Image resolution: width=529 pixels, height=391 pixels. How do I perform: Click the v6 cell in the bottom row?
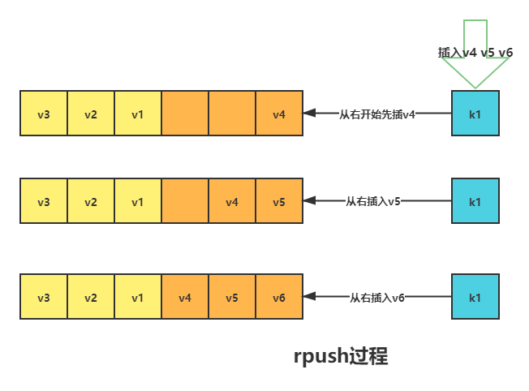point(279,298)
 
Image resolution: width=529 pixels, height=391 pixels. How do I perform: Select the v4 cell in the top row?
point(279,114)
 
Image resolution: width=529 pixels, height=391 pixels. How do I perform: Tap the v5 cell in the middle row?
point(279,200)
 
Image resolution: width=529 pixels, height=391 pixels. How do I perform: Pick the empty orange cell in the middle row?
point(185,200)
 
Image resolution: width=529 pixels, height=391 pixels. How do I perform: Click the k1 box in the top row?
point(475,114)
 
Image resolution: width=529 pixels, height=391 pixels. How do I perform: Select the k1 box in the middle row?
point(475,200)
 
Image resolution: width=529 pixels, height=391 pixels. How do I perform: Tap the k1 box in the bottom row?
point(475,298)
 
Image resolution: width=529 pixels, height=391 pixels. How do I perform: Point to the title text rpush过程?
point(341,356)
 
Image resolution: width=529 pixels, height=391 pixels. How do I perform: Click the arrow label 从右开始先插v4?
point(377,114)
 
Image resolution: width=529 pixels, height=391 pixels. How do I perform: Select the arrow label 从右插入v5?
point(374,200)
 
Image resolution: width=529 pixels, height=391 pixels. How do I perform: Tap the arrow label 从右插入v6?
point(377,298)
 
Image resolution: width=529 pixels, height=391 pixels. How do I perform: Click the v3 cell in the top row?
point(44,114)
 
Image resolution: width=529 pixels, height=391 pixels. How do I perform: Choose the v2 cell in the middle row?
point(91,200)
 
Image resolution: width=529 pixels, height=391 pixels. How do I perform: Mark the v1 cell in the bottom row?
point(138,298)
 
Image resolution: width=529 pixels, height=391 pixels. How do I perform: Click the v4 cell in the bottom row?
point(185,298)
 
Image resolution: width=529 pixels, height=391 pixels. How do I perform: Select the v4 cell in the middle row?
point(232,200)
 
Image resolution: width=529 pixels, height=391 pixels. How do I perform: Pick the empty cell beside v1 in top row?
point(185,114)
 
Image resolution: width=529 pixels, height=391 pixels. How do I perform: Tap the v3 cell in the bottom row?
point(44,298)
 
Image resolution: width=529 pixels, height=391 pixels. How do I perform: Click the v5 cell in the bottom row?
point(232,298)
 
